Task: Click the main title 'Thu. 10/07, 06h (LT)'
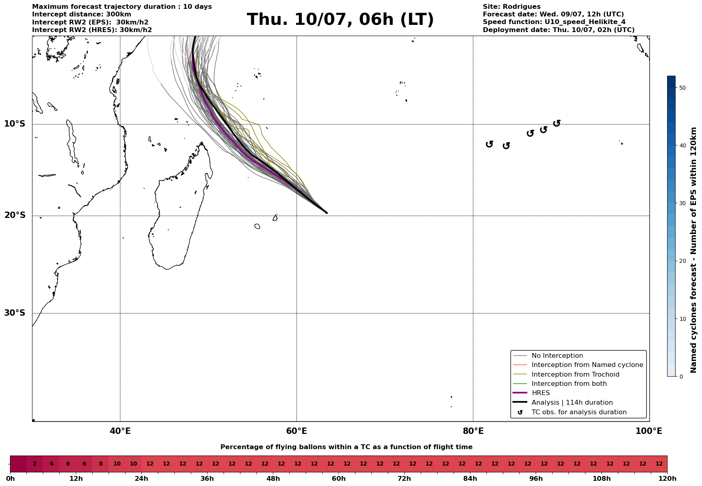click(340, 20)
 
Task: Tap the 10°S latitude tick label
click(15, 124)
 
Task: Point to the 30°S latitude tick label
click(15, 313)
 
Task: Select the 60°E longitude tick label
click(297, 431)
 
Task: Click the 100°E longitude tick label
click(649, 431)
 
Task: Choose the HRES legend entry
click(541, 393)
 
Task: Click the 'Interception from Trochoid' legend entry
click(575, 375)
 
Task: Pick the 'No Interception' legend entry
click(557, 356)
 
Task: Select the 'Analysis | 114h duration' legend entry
click(572, 403)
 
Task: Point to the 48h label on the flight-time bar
click(273, 479)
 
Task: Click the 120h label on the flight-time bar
click(667, 479)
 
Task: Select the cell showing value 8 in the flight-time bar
click(101, 464)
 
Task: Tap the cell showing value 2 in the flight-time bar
click(35, 464)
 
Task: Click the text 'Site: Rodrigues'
click(511, 7)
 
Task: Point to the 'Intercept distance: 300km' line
click(81, 14)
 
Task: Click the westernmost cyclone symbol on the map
click(489, 144)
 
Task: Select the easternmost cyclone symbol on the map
click(557, 123)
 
